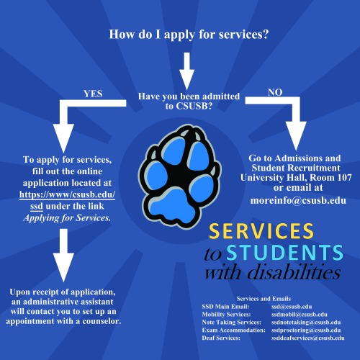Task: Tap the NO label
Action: (x=275, y=92)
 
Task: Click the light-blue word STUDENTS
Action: (x=284, y=253)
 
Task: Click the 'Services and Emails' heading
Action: (x=269, y=297)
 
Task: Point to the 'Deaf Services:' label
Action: (x=223, y=337)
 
